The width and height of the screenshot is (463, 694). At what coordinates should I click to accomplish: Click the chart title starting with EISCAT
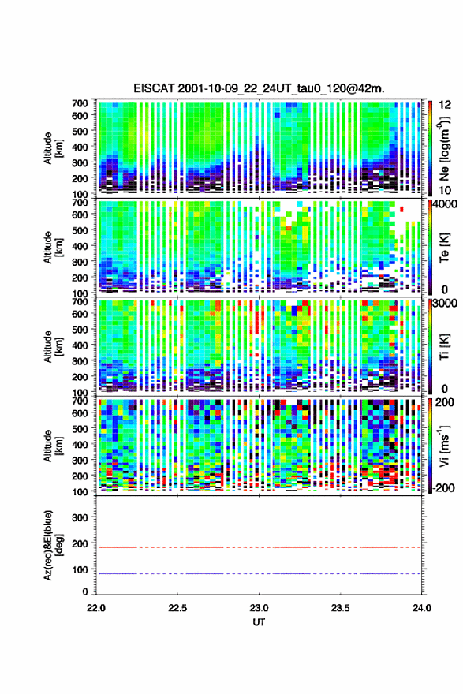coord(259,88)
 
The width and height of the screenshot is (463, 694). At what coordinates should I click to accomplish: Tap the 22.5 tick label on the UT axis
coord(177,608)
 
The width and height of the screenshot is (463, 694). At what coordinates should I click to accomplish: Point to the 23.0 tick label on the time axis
coord(259,608)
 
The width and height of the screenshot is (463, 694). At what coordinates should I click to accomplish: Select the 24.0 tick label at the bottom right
coord(421,608)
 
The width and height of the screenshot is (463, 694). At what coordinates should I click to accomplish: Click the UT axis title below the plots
coord(259,622)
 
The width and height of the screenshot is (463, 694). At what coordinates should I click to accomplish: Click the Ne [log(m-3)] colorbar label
coord(445,148)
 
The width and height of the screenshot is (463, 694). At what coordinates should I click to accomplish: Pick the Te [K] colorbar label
coord(444,248)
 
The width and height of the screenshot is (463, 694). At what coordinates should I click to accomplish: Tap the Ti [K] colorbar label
coord(444,347)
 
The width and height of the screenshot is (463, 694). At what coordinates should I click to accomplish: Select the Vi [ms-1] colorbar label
coord(444,446)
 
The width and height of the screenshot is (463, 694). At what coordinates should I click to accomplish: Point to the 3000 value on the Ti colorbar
coord(445,304)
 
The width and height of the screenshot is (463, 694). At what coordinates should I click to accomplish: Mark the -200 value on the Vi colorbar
coord(442,487)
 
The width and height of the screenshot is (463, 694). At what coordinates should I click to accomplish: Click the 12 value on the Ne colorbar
coord(445,105)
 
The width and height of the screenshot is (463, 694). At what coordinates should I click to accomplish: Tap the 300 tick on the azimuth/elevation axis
coord(80,517)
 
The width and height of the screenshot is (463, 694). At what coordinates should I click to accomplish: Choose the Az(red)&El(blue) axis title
coord(53,545)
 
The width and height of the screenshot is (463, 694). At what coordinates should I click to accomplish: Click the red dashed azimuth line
coord(259,547)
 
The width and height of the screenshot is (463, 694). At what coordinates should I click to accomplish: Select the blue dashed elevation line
coord(259,573)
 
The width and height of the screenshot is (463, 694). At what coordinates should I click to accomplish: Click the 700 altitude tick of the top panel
coord(80,103)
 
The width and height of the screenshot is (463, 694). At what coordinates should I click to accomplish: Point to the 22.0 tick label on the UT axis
coord(96,608)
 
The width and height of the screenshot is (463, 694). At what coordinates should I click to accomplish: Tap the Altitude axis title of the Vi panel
coord(53,446)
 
